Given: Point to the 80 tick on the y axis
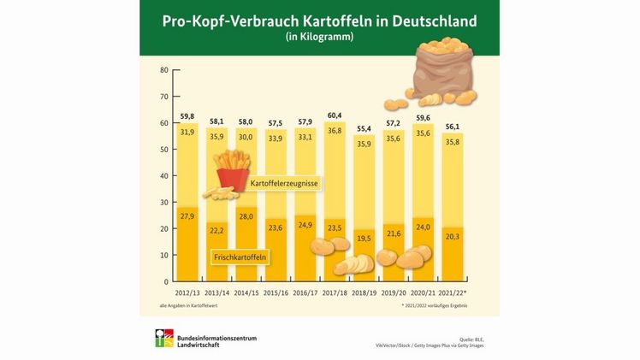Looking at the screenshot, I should coord(163,70).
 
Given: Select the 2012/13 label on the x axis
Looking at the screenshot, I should coord(188,291).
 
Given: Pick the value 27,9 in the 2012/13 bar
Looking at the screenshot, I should coord(187,216).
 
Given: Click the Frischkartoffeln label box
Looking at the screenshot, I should coord(240,256).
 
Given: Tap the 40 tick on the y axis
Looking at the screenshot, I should coord(163,176).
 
